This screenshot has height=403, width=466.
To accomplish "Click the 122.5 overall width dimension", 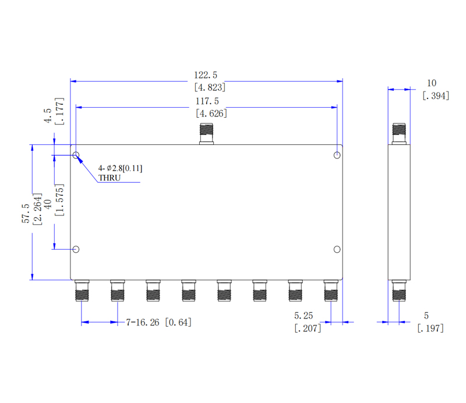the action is pos(206,75).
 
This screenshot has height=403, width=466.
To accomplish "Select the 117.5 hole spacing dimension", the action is pos(207,101).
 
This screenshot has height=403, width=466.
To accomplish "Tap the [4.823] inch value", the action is pos(210,87).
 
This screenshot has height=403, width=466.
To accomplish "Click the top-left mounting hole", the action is pos(76,155).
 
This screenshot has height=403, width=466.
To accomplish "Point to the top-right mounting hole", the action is pos(337,155).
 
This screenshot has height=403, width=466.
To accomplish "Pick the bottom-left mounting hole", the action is pos(76,249).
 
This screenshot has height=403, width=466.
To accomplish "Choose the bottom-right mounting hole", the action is pos(337,249).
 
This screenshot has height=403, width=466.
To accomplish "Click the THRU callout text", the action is pos(110,178).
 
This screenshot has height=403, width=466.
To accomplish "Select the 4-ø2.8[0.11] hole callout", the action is pos(121,168).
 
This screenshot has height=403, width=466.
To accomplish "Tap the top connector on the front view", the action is pos(207,134).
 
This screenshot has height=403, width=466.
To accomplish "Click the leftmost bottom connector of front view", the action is pos(82,291).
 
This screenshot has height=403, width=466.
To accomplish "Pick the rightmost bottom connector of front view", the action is pos(331,291).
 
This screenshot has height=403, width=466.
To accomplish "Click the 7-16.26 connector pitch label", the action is pos(143,323).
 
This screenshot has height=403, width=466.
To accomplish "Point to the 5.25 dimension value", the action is pos(303,315).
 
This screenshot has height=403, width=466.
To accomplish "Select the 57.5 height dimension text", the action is pos(26,213).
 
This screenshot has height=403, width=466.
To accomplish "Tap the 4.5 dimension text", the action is pos(48,116).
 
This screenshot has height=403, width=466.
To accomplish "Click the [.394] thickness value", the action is pos(436,96).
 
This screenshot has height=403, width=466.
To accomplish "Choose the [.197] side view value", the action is pos(430,328).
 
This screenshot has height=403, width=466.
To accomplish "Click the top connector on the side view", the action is pos(399,134).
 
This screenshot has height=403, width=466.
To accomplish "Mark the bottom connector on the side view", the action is pos(399,291).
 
